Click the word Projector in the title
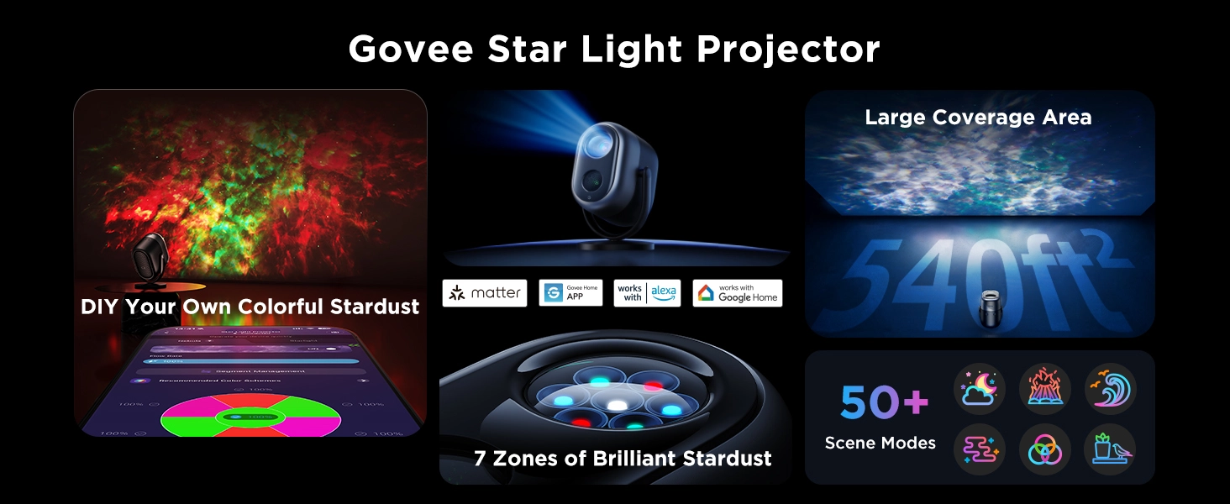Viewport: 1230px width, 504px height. [788, 50]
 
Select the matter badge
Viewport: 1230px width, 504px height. [485, 293]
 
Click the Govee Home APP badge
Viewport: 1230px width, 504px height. [570, 293]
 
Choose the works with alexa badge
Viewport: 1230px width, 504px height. [646, 293]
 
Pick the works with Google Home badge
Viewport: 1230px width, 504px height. [737, 293]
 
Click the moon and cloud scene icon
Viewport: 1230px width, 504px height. [980, 389]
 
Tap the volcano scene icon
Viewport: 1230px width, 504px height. [1045, 389]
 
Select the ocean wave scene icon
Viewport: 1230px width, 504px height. [1110, 389]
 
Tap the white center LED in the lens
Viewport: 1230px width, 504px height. [618, 405]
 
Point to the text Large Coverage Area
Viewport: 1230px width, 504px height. [978, 117]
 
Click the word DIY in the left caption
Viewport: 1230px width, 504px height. [100, 307]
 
